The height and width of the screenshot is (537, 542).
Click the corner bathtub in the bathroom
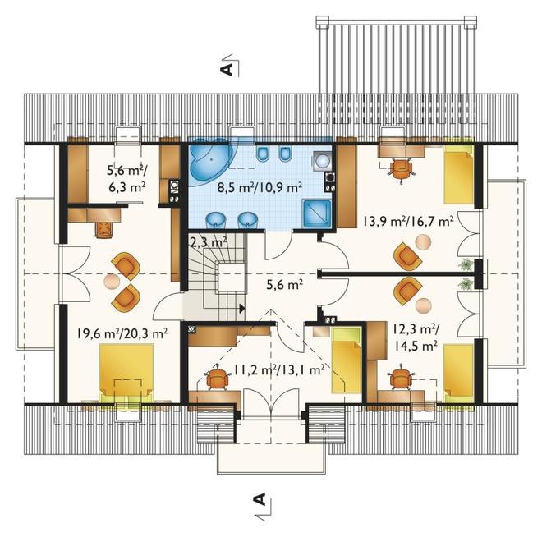209,160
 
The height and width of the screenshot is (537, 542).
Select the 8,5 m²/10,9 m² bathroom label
260,187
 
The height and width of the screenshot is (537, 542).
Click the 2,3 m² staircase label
209,241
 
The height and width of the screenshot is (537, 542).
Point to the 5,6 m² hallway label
285,285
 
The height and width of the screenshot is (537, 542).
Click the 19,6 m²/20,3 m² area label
122,333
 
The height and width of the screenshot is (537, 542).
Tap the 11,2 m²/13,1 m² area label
279,370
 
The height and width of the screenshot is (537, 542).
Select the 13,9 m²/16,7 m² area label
408,221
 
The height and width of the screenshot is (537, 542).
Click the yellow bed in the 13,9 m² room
458,175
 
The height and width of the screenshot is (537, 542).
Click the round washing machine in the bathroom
323,161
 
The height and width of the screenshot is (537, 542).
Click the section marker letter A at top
227,69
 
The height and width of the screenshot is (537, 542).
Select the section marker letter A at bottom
260,498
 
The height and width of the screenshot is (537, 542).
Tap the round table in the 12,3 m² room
424,305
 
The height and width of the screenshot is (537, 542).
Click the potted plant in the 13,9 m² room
466,264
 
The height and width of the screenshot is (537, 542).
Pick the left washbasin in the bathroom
216,220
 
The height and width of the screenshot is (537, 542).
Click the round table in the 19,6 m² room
112,281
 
